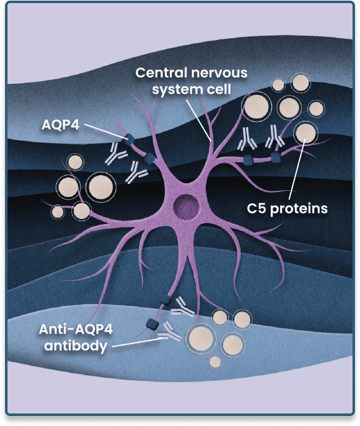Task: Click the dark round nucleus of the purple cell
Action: [186, 207]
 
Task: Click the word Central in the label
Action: [161, 73]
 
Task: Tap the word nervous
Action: [219, 73]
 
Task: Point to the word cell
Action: [219, 89]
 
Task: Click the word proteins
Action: [299, 209]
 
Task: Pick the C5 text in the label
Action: [257, 209]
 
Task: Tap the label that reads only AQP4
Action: [61, 125]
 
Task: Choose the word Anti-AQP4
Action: [76, 329]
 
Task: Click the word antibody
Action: [76, 346]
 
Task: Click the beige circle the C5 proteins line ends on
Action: [306, 133]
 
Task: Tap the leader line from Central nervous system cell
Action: [199, 120]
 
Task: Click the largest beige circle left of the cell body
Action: [101, 187]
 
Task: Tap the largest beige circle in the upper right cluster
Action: [256, 106]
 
